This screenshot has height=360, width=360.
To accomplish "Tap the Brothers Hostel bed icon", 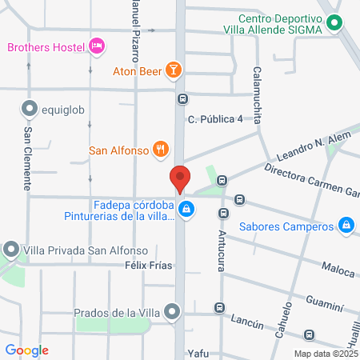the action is point(97,46).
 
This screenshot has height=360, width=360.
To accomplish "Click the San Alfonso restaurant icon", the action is point(161,149).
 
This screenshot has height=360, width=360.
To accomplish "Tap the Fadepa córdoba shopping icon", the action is point(186,210).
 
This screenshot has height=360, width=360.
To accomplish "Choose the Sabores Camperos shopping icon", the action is point(346,226).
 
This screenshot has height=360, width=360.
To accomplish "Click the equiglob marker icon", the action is point(30,108).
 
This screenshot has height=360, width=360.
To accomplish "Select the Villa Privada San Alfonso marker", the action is point(11,249).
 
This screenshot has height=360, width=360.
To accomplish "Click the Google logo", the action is point(27,350).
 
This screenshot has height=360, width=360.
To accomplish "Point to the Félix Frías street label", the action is point(149,265).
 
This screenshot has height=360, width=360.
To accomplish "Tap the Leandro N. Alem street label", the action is point(309,147).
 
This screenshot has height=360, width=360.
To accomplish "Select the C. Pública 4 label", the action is point(214,120).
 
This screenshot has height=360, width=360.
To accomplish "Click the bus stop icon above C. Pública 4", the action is point(183,99).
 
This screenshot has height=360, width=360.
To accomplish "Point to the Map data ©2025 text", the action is point(324,353).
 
